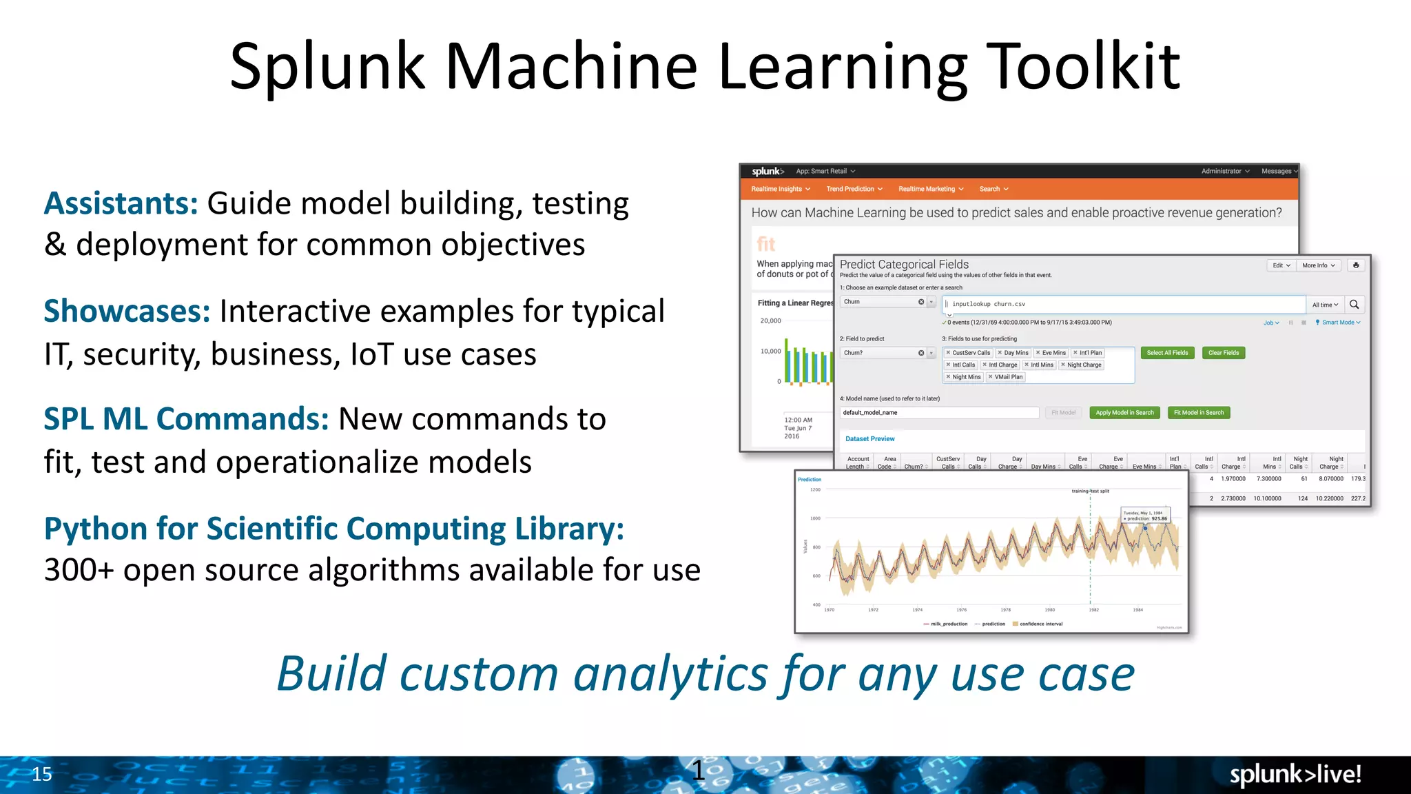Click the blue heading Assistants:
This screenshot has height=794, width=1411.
tap(121, 204)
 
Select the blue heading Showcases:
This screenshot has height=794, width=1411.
tap(127, 312)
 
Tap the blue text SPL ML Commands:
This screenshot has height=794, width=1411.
tap(186, 419)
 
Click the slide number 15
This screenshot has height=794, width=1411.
tap(42, 774)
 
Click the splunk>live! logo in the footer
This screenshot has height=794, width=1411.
tap(1295, 774)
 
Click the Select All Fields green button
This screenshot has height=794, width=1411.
tap(1167, 353)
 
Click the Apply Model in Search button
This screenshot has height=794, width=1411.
tap(1124, 413)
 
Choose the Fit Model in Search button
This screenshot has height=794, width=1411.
tap(1198, 413)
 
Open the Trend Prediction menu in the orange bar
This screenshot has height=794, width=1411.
tap(854, 189)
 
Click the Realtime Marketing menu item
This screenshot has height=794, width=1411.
tap(930, 189)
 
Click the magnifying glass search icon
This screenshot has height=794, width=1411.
tap(1354, 305)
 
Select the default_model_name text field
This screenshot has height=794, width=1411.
tap(938, 413)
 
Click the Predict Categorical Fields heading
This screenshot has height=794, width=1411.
tap(904, 265)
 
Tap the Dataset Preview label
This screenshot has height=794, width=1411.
tap(869, 439)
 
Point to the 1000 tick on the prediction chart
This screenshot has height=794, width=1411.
tap(815, 518)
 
